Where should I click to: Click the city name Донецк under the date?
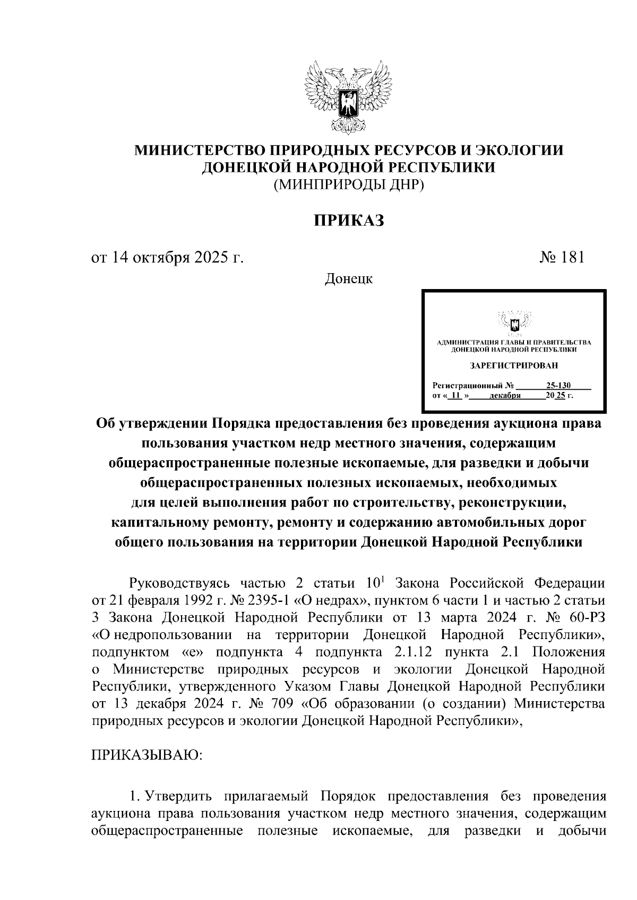click(x=348, y=278)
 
